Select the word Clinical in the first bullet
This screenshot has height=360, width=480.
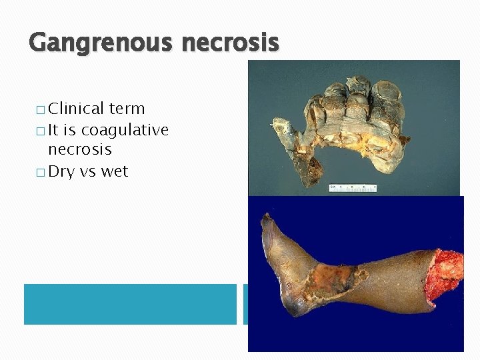(76, 109)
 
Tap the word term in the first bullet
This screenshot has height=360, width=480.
(127, 109)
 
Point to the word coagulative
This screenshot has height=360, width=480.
(125, 130)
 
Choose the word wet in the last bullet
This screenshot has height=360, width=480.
(115, 172)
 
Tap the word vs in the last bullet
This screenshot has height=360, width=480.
(88, 172)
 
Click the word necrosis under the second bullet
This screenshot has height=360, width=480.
(79, 151)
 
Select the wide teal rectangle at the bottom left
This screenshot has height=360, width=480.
(130, 304)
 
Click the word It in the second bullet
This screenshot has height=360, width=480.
(55, 130)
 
